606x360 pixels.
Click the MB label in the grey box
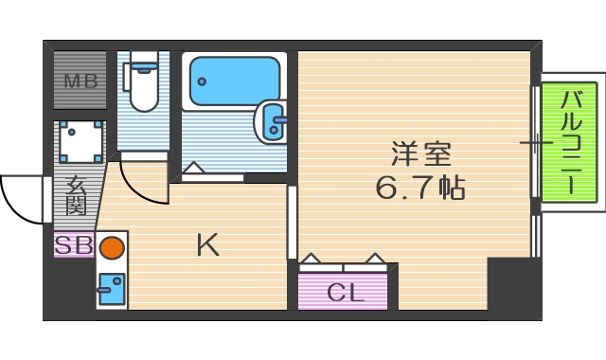tap(80, 80)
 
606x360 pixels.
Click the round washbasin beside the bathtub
tap(273, 120)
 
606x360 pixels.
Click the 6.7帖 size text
tap(420, 187)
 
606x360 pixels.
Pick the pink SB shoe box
tap(73, 244)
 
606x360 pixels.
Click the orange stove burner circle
tap(112, 248)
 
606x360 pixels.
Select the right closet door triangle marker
tap(375, 258)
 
